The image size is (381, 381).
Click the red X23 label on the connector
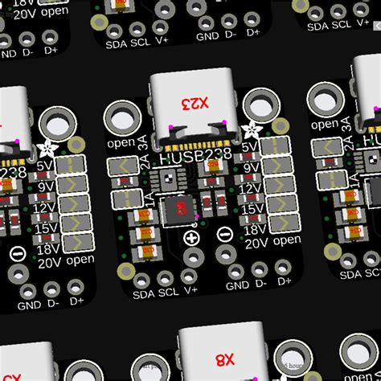point(195,103)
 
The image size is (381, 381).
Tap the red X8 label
point(224,358)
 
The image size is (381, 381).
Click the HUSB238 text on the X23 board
point(194,158)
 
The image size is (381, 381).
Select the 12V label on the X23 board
point(252,193)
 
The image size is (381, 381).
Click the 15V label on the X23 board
point(253,211)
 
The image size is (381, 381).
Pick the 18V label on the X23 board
point(255,227)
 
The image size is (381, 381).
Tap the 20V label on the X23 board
point(256,243)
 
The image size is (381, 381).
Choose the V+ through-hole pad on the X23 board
point(190,257)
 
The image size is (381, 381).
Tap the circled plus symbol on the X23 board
point(191,238)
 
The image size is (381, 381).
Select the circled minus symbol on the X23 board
point(223,234)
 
